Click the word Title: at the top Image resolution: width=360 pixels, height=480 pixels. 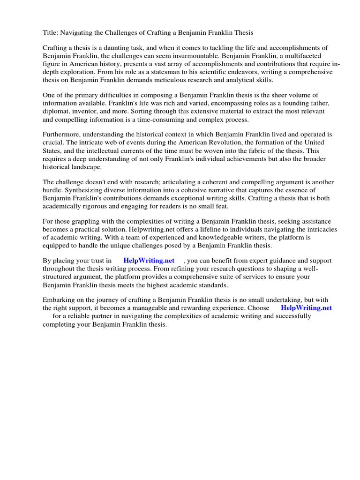tap(50, 32)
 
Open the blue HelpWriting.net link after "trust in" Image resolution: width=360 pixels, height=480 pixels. tap(149, 261)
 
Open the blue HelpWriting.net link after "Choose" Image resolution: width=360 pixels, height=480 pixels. tap(306, 308)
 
